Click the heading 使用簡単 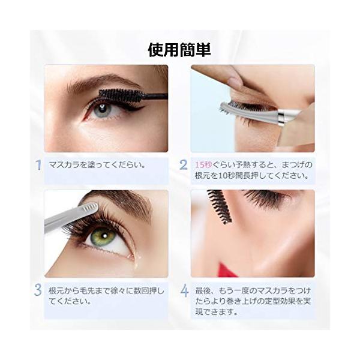179,50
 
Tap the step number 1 39,165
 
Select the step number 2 184,165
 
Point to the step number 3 38,290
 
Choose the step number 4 184,291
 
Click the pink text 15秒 203,165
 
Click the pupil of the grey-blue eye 103,107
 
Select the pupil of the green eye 104,236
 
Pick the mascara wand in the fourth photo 219,205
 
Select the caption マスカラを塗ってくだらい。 97,165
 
